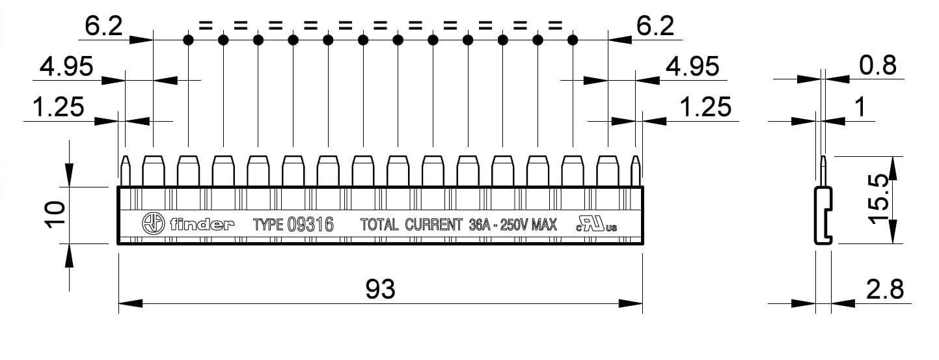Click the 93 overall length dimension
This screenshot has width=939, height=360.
click(x=380, y=289)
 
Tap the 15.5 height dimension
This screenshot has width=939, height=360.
click(x=879, y=199)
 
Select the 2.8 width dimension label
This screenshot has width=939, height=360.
click(x=884, y=289)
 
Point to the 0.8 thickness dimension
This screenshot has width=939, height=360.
click(x=878, y=66)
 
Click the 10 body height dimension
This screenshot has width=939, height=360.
click(x=55, y=215)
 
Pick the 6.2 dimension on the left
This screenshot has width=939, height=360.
click(x=103, y=25)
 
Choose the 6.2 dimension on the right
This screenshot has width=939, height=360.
click(x=655, y=25)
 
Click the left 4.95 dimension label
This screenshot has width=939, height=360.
click(x=66, y=66)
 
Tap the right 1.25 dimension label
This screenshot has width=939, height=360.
click(x=705, y=107)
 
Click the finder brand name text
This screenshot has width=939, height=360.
click(x=202, y=224)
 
